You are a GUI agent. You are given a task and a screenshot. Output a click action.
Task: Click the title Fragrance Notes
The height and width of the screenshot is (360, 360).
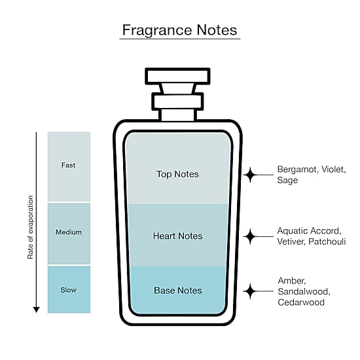[179, 30]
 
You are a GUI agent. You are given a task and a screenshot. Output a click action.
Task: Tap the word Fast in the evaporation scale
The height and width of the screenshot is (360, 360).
[68, 165]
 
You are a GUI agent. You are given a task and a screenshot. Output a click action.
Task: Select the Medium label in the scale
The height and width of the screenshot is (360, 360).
[69, 232]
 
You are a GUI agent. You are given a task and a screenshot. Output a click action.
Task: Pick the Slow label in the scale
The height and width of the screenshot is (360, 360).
[69, 290]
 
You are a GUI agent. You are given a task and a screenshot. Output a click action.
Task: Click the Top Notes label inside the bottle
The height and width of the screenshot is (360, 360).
[177, 174]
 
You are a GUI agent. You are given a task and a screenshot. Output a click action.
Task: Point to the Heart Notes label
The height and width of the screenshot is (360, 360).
[177, 236]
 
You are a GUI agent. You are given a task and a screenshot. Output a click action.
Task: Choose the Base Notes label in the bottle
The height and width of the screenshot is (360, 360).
[178, 291]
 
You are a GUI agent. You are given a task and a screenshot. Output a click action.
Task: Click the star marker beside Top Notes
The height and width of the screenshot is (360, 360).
[250, 175]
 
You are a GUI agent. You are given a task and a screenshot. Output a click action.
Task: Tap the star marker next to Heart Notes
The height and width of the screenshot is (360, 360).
[250, 236]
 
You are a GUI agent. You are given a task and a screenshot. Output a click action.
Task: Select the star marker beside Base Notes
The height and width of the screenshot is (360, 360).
[250, 291]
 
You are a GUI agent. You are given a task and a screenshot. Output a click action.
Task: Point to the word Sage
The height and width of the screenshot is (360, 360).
[287, 180]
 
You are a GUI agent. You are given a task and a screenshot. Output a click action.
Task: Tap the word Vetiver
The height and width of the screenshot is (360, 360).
[291, 242]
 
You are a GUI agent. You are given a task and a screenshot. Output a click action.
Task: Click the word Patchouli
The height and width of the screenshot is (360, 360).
[327, 242]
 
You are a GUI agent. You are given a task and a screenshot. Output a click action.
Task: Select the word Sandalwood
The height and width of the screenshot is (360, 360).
[304, 291]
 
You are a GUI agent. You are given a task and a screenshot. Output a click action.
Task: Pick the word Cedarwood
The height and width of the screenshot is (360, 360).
[301, 302]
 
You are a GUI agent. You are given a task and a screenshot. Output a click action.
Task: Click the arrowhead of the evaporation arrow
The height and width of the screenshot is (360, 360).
[36, 310]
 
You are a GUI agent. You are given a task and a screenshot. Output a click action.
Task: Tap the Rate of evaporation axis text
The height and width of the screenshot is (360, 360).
[30, 227]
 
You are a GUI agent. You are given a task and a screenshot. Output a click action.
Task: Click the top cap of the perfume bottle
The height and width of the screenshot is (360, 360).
[177, 76]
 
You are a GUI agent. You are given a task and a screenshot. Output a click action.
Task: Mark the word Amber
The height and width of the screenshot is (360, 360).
[291, 281]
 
